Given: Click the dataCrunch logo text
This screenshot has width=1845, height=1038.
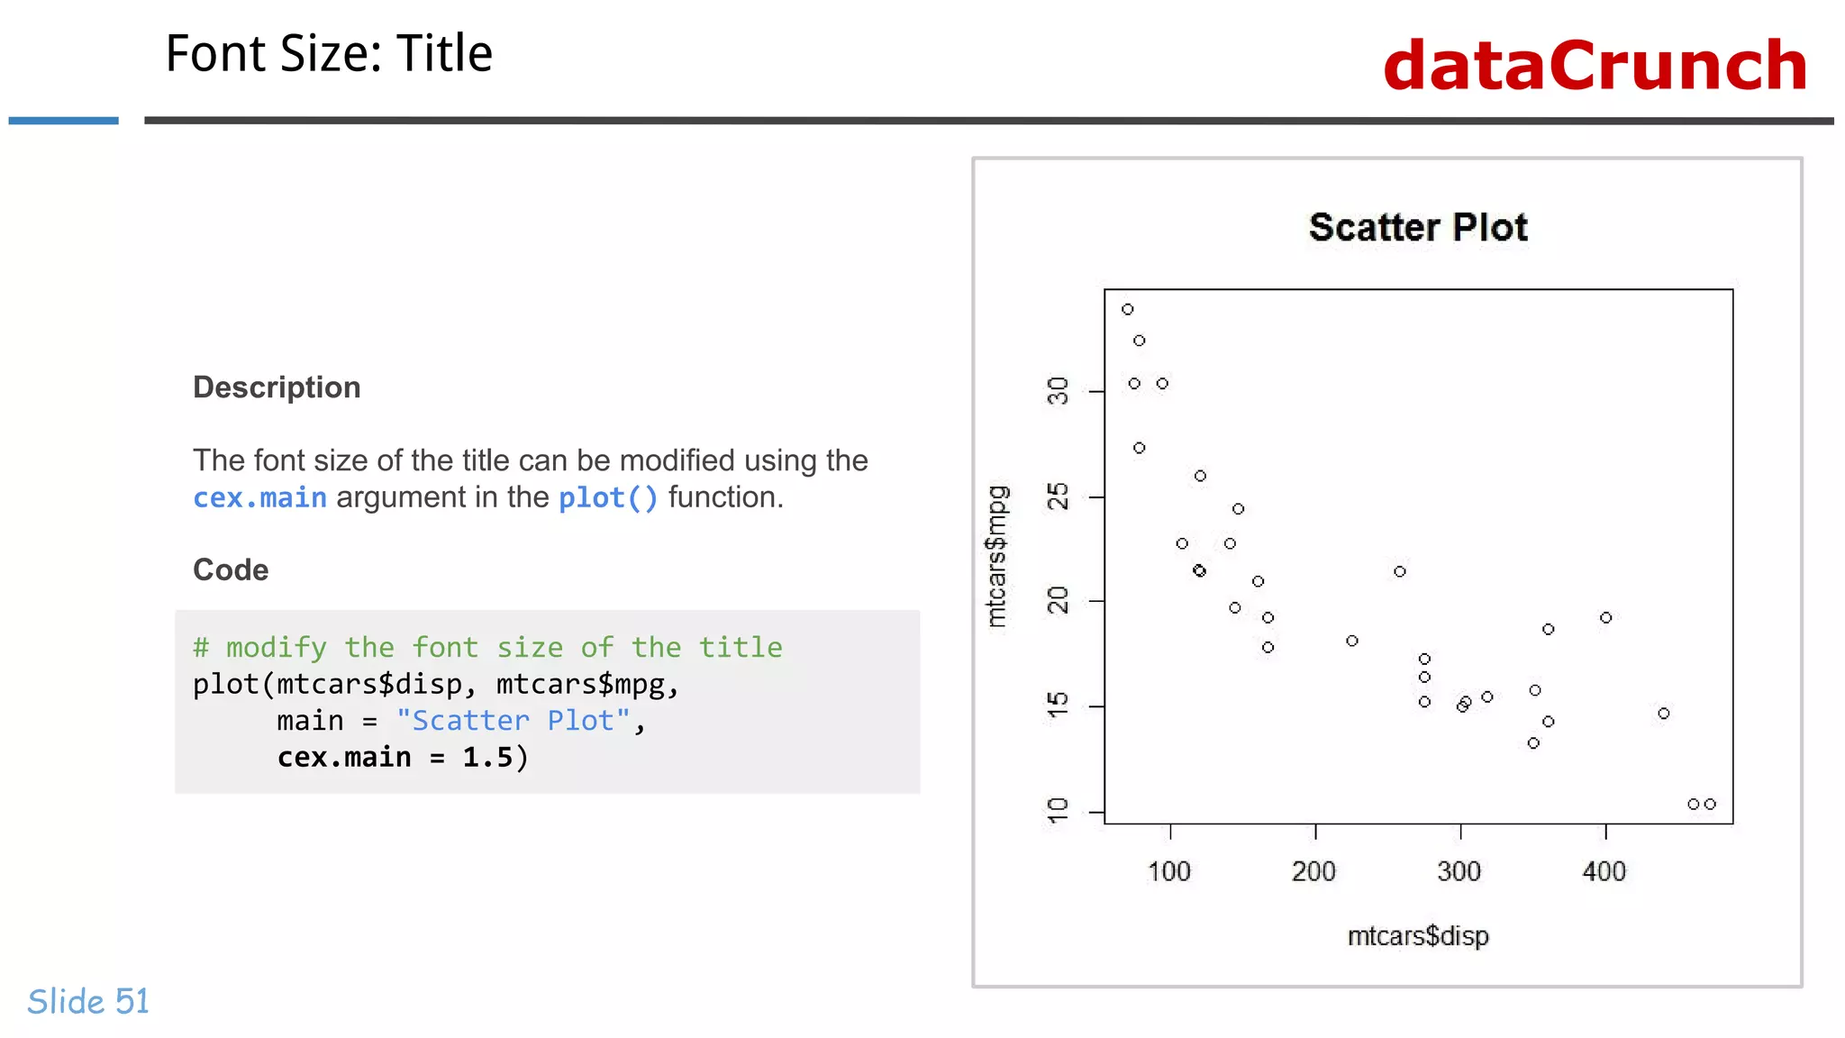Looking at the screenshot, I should [x=1595, y=66].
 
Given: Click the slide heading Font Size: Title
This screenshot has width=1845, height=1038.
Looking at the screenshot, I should [x=329, y=53].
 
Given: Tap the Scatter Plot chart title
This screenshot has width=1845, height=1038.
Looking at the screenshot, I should [x=1418, y=227].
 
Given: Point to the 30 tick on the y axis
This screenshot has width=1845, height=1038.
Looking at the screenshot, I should [x=1058, y=391].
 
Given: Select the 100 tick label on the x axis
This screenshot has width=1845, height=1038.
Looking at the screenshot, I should [x=1169, y=871].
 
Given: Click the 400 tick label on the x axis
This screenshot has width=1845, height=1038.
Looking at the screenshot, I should [x=1604, y=871].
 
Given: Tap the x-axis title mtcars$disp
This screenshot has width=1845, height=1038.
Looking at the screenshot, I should [x=1418, y=936].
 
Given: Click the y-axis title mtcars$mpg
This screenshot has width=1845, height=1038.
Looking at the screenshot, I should [x=996, y=556].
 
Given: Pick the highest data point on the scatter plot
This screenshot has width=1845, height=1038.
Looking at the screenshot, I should [x=1128, y=309].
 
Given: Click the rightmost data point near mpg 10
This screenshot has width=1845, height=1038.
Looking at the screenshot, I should [x=1710, y=804].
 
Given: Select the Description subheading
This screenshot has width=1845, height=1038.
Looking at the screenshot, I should [x=277, y=387].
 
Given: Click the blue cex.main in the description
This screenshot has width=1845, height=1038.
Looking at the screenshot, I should [x=259, y=497].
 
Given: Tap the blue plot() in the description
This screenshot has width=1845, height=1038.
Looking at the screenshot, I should [x=608, y=497].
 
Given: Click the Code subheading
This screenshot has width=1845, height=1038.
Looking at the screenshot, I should [x=231, y=570].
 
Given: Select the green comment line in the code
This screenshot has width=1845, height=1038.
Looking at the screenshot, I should [x=487, y=647].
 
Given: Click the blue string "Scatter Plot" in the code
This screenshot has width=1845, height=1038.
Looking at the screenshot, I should [x=513, y=721].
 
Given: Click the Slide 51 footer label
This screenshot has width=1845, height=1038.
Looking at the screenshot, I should [x=88, y=1001].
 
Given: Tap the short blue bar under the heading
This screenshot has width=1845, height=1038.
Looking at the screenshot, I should [x=63, y=120].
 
